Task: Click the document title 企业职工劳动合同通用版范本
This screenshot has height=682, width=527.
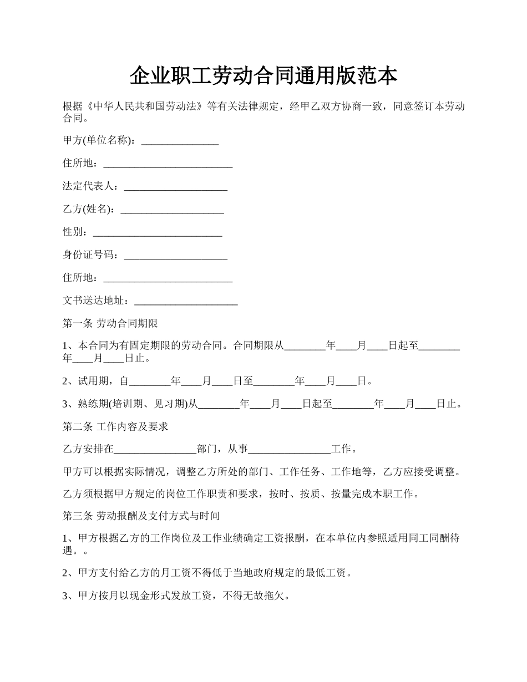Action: point(263,76)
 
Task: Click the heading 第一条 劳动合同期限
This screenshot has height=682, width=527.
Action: point(110,323)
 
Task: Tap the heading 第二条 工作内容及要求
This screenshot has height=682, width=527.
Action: point(115,426)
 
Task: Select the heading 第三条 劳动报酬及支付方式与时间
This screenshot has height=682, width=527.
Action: point(141,516)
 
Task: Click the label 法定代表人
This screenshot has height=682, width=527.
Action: point(88,186)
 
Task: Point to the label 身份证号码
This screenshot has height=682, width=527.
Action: point(88,255)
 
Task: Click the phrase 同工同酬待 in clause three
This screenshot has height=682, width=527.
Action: point(434,538)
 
